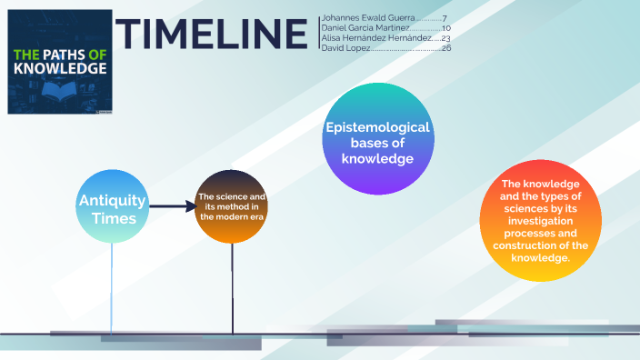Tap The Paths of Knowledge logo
60,62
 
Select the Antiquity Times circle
112,206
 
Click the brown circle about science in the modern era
231,206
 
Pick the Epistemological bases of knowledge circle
377,138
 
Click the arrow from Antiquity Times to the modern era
173,206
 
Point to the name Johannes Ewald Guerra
368,18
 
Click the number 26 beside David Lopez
445,48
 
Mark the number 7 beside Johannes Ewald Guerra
445,18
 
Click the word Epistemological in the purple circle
377,127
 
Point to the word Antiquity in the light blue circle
112,199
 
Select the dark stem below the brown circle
232,286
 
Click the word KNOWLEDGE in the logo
60,68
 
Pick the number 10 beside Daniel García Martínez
445,28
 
